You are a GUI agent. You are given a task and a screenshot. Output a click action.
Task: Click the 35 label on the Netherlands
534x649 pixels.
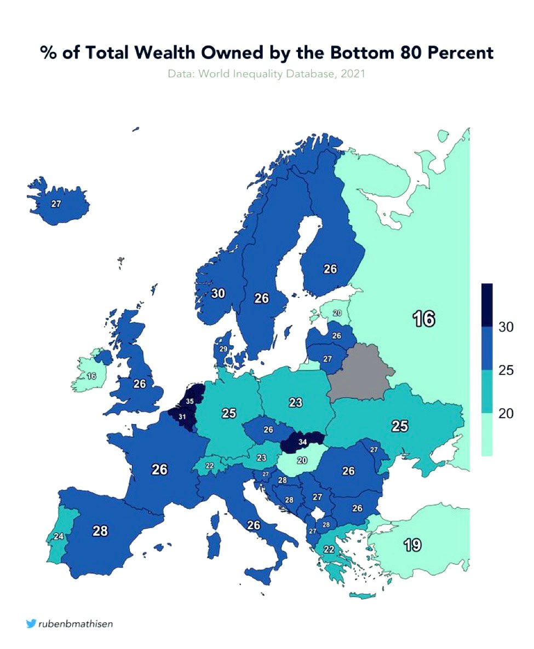(x=190, y=401)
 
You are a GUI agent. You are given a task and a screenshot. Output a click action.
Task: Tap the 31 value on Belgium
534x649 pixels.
(x=182, y=417)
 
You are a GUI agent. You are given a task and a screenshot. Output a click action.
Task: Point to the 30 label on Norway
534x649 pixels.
(x=218, y=293)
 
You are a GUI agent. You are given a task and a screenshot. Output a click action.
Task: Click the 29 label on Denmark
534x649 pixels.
(x=223, y=349)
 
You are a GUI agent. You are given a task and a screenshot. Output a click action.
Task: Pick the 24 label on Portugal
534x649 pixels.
(x=59, y=536)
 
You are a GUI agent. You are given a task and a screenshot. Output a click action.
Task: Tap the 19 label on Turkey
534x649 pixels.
(x=412, y=544)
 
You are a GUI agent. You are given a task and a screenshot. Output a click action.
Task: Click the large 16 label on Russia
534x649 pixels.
(x=424, y=318)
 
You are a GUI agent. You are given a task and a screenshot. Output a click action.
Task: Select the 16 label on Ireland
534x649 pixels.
(x=91, y=376)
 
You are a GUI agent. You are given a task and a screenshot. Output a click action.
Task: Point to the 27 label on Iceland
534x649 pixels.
(x=56, y=204)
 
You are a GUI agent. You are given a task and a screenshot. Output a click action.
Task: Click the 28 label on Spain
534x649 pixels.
(x=100, y=530)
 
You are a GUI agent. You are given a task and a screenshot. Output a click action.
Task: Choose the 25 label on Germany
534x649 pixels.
(x=229, y=413)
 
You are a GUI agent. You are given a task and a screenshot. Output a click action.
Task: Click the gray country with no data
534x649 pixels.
(x=359, y=372)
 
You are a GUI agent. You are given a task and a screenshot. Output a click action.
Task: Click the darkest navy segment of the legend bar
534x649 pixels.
(x=487, y=305)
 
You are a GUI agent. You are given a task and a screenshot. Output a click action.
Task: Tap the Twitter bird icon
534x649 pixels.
(x=31, y=623)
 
